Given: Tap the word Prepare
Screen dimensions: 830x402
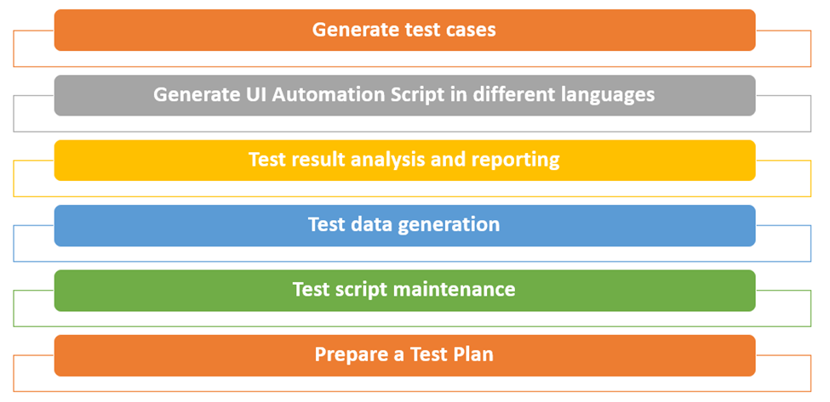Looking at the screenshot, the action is (x=351, y=355).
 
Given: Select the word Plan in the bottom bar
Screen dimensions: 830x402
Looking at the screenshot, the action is (x=473, y=354).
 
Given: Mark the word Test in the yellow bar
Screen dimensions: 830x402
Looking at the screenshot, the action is (x=266, y=160).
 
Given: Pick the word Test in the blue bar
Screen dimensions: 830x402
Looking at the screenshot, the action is (x=327, y=224).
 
